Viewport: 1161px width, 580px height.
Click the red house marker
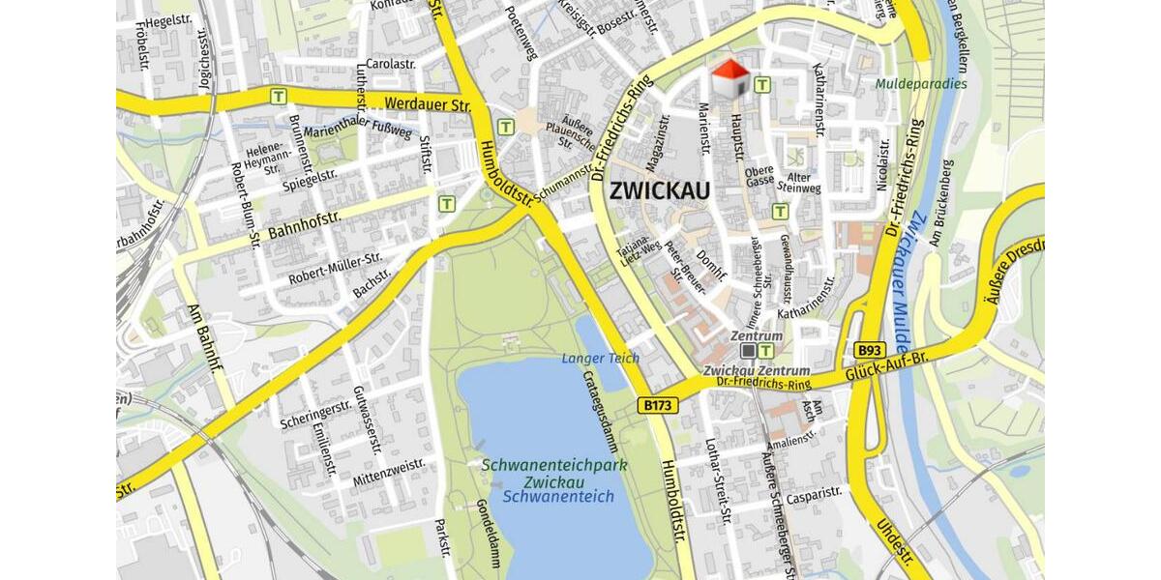pyautogui.click(x=730, y=78)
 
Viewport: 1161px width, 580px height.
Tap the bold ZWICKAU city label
pyautogui.click(x=660, y=190)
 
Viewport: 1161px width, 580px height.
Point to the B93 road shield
pyautogui.click(x=870, y=350)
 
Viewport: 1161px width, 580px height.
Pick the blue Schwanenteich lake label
pyautogui.click(x=558, y=497)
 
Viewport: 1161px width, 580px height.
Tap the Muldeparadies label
pyautogui.click(x=921, y=84)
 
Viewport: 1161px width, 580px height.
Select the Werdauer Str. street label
pyautogui.click(x=427, y=102)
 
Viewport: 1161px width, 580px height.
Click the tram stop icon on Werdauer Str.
pyautogui.click(x=280, y=96)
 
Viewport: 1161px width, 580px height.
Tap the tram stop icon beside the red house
pyautogui.click(x=762, y=85)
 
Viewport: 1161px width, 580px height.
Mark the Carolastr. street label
pyautogui.click(x=391, y=64)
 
